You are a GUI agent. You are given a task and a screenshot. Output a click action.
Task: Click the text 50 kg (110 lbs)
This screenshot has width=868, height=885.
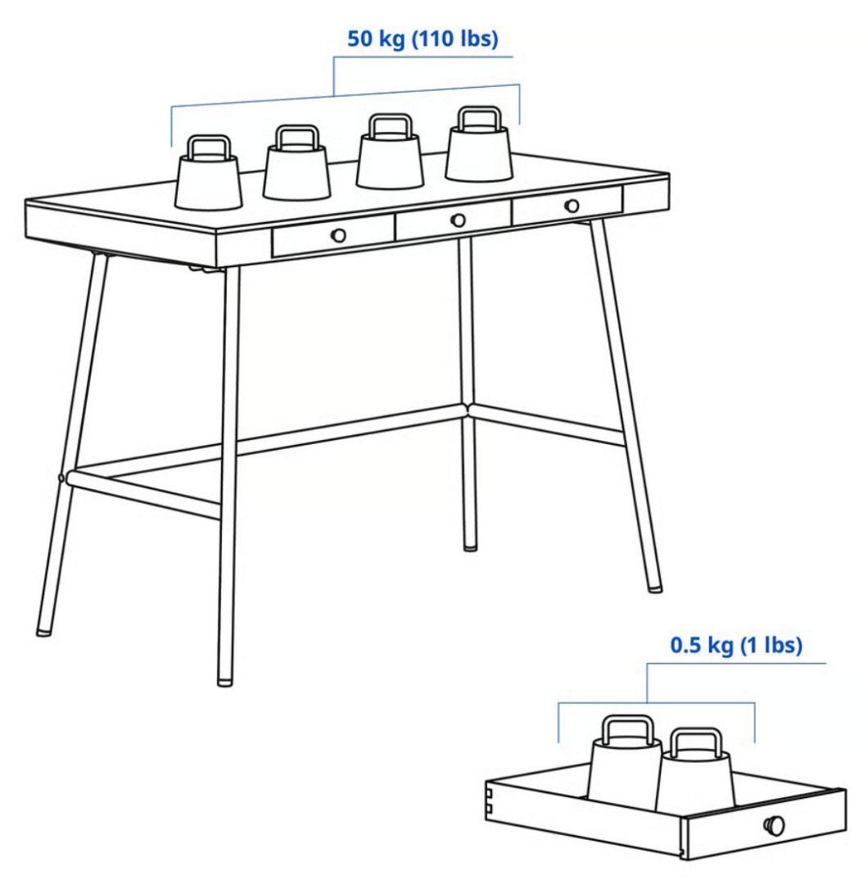coord(423,40)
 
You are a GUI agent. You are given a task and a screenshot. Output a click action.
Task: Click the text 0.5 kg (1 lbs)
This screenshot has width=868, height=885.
coord(735,646)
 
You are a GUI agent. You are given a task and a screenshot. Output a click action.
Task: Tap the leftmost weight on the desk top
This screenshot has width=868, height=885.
coord(209,180)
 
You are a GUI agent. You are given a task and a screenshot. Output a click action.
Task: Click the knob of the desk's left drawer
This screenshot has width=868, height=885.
coord(338,234)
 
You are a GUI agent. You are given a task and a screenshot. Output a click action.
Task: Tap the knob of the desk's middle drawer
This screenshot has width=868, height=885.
coord(459,220)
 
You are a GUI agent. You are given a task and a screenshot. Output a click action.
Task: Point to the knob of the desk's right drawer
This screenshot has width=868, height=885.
coord(572,206)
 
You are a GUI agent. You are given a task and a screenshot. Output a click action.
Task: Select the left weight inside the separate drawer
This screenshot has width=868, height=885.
coord(626,766)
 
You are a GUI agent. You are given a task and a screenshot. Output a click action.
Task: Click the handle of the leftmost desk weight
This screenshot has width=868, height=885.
coord(208,148)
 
